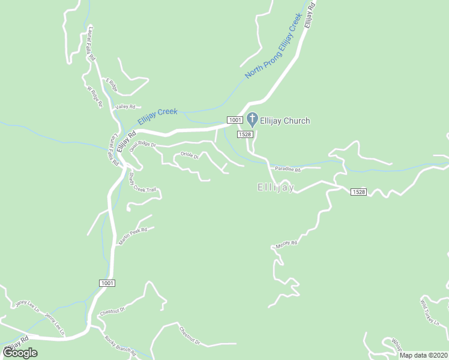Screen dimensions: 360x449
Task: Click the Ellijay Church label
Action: [285, 121]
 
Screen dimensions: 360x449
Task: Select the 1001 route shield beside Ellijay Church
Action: [235, 120]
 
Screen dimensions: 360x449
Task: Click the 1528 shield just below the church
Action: [244, 134]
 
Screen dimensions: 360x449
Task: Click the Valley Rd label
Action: [125, 107]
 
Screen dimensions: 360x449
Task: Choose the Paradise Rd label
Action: [288, 170]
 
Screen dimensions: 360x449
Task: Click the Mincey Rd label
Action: [286, 244]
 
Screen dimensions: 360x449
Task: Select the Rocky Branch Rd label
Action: [121, 345]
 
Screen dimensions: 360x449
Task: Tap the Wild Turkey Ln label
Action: [430, 311]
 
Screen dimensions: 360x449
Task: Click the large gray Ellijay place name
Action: [276, 188]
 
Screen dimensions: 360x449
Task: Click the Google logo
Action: [20, 353]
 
